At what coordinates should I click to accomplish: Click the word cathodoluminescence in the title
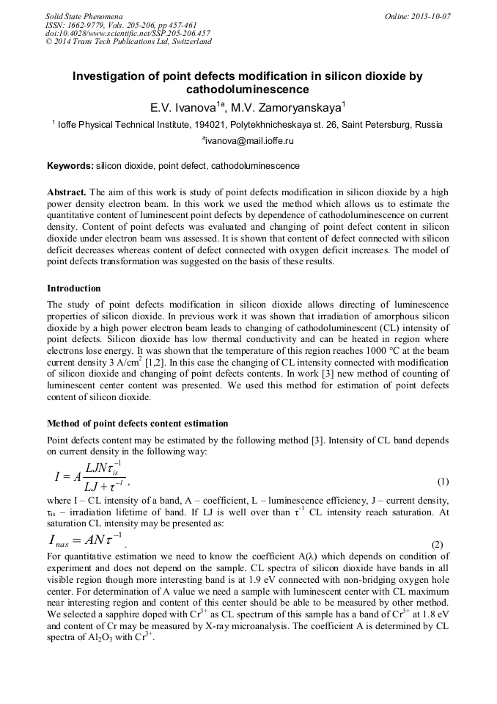pyautogui.click(x=247, y=90)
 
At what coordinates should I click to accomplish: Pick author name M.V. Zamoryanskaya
pyautogui.click(x=286, y=108)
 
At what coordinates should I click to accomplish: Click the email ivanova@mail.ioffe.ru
pyautogui.click(x=248, y=139)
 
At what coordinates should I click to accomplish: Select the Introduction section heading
pyautogui.click(x=74, y=288)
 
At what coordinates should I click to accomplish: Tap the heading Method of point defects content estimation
pyautogui.click(x=137, y=424)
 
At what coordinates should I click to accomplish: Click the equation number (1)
pyautogui.click(x=443, y=482)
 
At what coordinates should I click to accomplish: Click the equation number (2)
pyautogui.click(x=438, y=545)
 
